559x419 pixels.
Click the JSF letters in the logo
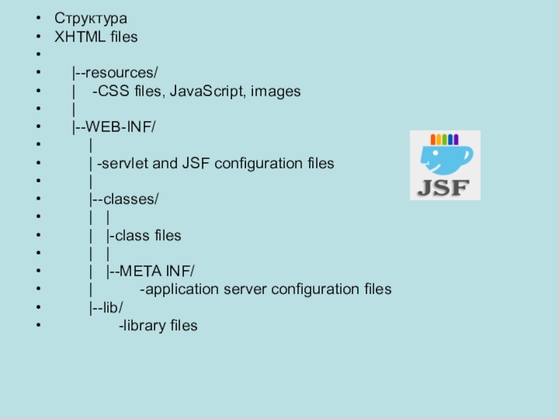point(444,188)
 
